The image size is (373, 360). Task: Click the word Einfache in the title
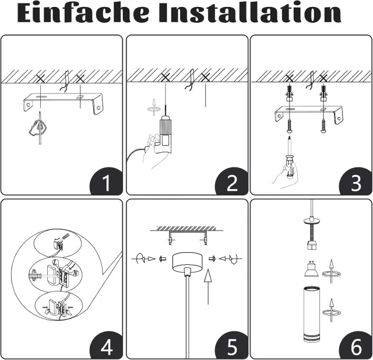point(83,12)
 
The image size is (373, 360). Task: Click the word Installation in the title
point(250,12)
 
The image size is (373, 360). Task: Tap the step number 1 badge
point(106,182)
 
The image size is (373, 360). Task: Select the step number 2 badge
point(231,182)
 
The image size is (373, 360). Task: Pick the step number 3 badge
point(356,182)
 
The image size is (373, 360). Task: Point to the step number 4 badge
point(106,347)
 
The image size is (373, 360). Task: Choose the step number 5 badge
point(231,347)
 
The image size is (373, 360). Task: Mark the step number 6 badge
point(356,347)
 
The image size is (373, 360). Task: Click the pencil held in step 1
point(40,128)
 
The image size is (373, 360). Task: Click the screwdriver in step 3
point(290,157)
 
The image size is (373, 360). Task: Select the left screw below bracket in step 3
point(290,126)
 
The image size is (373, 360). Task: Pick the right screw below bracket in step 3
point(323,126)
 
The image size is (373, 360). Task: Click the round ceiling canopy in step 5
point(188,263)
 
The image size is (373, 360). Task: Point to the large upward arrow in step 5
point(208,286)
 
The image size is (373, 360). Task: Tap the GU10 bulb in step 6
point(311,269)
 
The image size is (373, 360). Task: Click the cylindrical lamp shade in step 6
point(311,314)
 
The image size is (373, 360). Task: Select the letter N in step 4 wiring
point(75,273)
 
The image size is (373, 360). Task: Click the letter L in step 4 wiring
point(55,263)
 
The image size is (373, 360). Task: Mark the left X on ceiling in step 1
point(40,78)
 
